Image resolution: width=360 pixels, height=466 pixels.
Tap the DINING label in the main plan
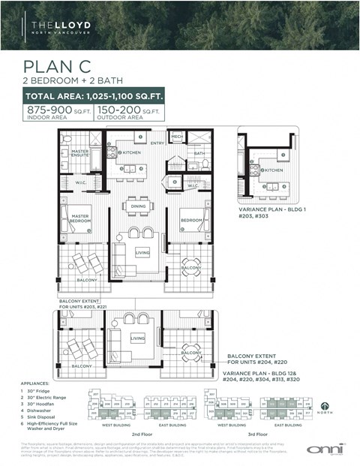click(x=138, y=205)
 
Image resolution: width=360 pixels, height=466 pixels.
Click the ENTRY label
click(x=157, y=143)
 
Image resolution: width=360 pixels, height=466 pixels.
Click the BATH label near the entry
click(x=199, y=154)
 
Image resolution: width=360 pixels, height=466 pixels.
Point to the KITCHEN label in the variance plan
click(x=272, y=170)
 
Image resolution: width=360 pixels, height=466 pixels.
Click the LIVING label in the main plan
click(x=142, y=253)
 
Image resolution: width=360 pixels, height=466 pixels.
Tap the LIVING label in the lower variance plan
click(x=137, y=338)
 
